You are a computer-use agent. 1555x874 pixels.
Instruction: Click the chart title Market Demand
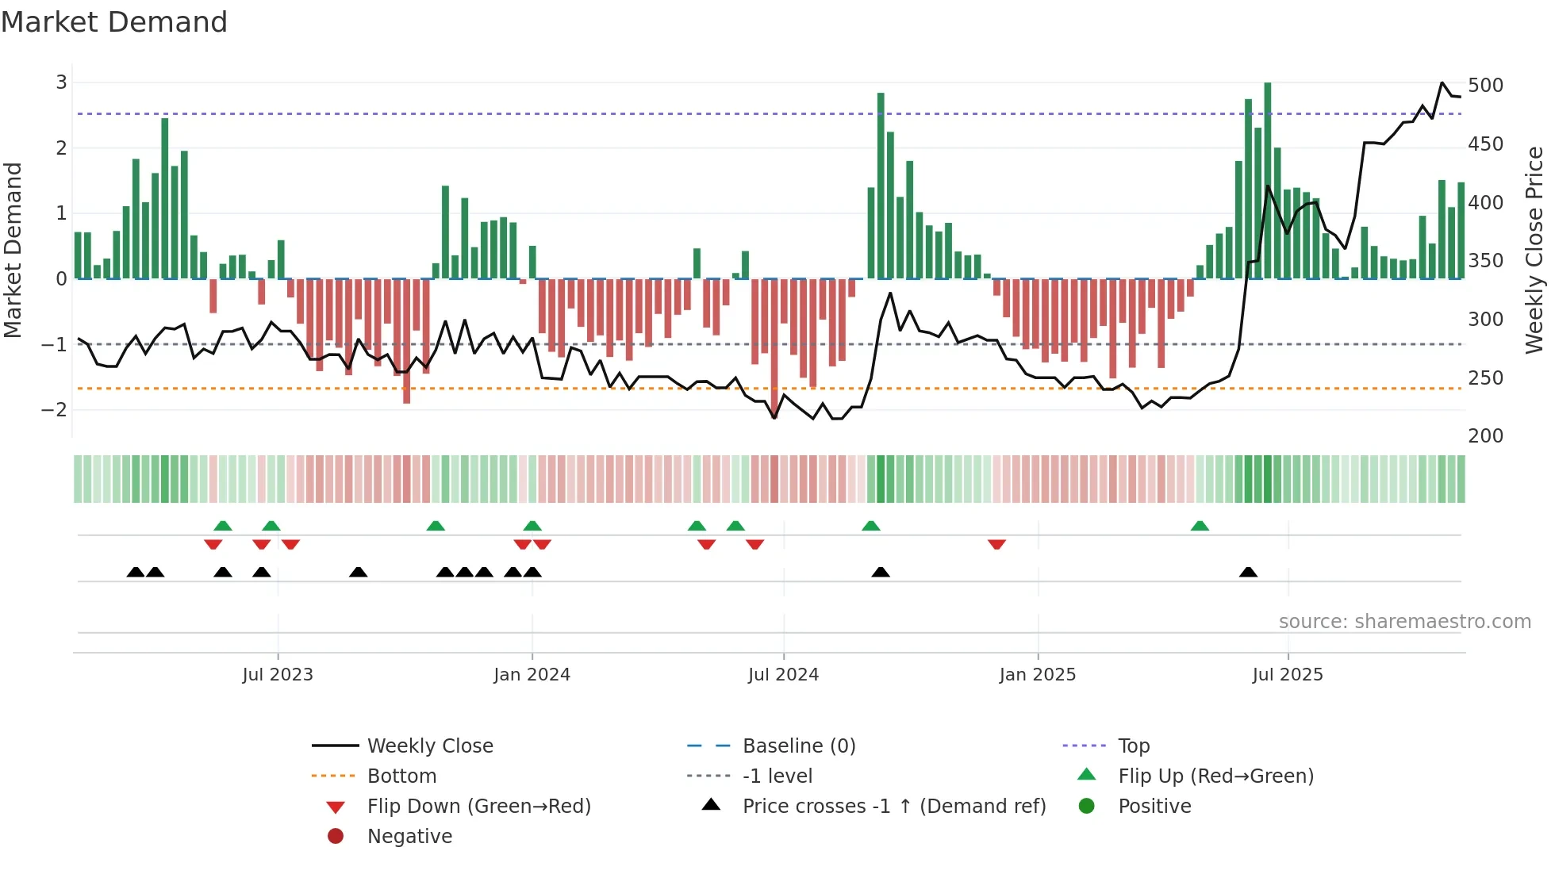pos(114,22)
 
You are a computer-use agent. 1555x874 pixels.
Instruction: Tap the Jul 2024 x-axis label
pos(783,675)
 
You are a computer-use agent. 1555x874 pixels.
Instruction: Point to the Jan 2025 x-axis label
pos(1037,675)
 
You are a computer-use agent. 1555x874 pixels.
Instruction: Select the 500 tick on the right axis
pos(1485,86)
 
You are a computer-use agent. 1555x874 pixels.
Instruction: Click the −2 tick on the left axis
pos(54,410)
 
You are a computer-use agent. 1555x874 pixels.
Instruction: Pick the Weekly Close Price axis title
pos(1534,250)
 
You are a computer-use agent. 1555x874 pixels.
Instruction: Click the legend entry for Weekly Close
pos(429,746)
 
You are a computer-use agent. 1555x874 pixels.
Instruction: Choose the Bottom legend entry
pos(401,776)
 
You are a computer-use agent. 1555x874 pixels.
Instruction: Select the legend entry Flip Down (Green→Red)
pos(478,807)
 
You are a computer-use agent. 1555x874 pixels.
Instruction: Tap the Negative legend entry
pos(409,837)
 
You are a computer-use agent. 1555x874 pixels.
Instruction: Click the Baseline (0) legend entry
pos(798,746)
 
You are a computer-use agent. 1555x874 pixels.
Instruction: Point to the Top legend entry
pos(1133,746)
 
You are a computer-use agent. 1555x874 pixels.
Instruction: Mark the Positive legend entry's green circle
pos(1087,807)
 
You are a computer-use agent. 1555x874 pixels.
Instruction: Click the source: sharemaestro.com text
pos(1404,622)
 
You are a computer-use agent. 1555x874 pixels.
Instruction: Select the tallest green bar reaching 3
pos(1268,181)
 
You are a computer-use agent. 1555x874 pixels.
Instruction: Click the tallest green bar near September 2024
pos(881,186)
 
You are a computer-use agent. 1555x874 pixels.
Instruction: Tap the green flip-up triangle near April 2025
pos(1200,526)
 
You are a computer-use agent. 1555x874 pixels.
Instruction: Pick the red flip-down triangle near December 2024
pos(997,544)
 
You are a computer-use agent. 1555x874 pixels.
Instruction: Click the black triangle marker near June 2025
pos(1248,572)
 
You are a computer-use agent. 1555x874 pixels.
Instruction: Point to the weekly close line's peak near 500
pos(1442,82)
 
